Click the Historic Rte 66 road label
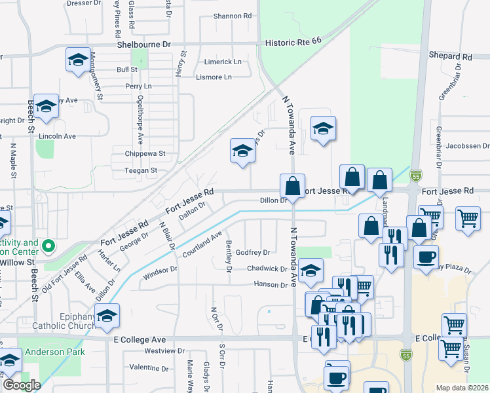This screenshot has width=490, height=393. pyautogui.click(x=293, y=41)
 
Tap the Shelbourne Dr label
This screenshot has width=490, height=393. pyautogui.click(x=143, y=44)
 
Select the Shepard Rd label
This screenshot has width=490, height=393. pyautogui.click(x=450, y=57)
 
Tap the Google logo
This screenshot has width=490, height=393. pyautogui.click(x=22, y=384)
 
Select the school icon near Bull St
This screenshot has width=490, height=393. pyautogui.click(x=79, y=61)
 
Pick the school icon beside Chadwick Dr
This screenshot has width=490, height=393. pyautogui.click(x=311, y=269)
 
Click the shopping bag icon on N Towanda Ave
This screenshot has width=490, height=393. pyautogui.click(x=292, y=185)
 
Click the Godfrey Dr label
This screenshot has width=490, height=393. pyautogui.click(x=253, y=252)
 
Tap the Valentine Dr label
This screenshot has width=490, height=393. pyautogui.click(x=149, y=367)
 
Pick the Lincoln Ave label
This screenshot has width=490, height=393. pyautogui.click(x=58, y=136)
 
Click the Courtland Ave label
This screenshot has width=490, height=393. pyautogui.click(x=202, y=244)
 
